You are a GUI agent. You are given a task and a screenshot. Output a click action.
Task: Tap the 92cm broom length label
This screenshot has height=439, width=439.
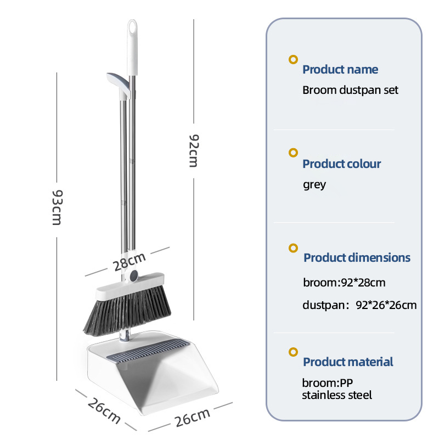coord(193,152)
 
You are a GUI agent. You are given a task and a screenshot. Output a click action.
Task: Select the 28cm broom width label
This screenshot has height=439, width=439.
coord(129,262)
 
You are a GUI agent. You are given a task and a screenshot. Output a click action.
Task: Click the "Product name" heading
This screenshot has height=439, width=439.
coord(340,70)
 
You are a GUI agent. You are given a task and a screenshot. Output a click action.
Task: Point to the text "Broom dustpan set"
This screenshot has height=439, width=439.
coord(350,90)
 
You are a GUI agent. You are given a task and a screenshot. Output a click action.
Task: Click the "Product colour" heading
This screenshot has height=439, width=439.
coord(341,164)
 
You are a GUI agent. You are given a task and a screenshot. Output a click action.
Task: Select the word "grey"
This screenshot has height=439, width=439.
coord(314,184)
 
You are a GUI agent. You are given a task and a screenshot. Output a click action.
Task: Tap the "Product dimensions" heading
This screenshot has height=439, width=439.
coord(357,258)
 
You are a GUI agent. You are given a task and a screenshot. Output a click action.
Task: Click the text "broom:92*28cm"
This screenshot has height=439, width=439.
coord(344,283)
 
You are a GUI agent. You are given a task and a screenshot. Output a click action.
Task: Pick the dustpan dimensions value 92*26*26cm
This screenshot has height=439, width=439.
coord(386,305)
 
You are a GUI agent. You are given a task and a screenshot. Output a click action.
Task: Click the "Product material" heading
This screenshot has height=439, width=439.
coord(348,362)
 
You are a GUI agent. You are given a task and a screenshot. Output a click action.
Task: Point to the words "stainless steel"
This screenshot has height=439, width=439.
coord(337,395)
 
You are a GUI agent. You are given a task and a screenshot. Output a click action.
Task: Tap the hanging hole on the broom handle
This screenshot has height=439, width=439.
coord(132,26)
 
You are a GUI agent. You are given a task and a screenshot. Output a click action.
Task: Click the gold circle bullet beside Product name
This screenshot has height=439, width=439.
coord(294,60)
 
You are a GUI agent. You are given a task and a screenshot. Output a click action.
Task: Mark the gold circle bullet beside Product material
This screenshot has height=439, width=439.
coord(294,352)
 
